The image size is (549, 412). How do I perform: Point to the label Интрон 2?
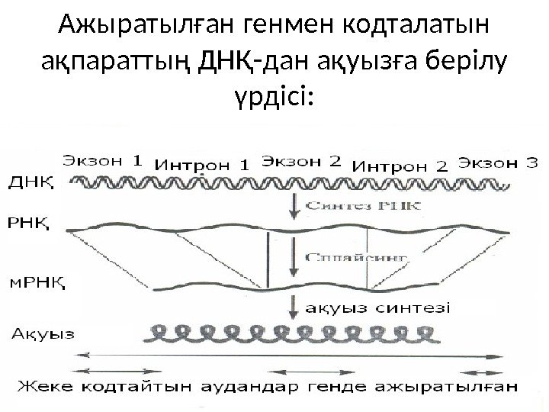[403, 163]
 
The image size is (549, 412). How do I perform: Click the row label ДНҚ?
[30, 182]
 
